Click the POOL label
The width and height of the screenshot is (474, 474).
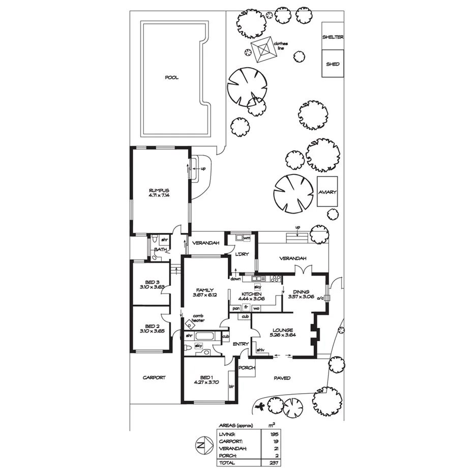click(x=172, y=78)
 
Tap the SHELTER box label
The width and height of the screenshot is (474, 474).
click(x=333, y=37)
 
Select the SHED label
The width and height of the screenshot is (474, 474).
click(x=333, y=65)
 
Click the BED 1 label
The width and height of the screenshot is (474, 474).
click(x=206, y=377)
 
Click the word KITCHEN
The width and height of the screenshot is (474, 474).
click(x=252, y=294)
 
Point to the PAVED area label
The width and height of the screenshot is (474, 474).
click(x=282, y=378)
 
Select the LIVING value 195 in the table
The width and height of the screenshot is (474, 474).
click(x=275, y=434)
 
